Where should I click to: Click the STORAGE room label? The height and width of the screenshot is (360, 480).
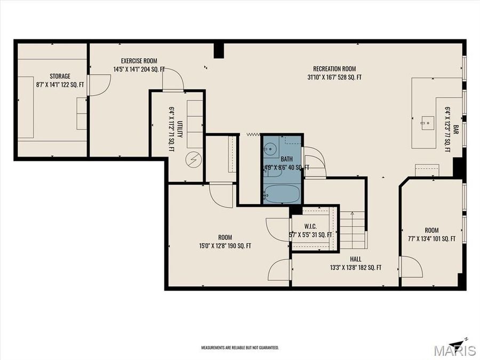(x=60, y=76)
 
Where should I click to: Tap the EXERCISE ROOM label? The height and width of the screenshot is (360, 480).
(x=139, y=61)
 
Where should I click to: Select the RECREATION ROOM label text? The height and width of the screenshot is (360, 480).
(x=334, y=69)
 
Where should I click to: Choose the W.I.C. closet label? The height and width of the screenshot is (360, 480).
(x=310, y=227)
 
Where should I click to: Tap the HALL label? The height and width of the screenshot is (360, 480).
(x=355, y=259)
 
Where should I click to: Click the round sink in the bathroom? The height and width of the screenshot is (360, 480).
(x=270, y=148)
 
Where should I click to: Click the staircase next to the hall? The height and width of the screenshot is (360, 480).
(x=353, y=229)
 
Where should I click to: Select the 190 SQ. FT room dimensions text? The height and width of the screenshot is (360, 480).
(x=225, y=246)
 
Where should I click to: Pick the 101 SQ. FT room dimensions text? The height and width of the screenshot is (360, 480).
(x=431, y=239)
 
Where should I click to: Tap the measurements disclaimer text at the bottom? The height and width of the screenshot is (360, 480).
(x=239, y=348)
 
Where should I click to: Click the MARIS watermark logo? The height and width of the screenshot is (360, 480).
(x=455, y=350)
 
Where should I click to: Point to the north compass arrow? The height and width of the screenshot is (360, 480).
(x=458, y=341)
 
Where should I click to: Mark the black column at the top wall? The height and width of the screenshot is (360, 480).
(x=219, y=50)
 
